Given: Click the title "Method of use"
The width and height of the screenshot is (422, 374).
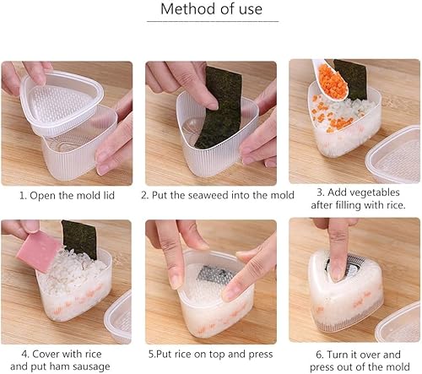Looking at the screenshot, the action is pyautogui.click(x=212, y=8).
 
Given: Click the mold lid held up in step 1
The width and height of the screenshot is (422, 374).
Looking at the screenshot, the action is pyautogui.click(x=62, y=102).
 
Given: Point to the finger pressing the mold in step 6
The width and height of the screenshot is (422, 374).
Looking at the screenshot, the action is pyautogui.click(x=335, y=247).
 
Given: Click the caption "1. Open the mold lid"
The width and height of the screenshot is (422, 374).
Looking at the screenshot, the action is pyautogui.click(x=67, y=195).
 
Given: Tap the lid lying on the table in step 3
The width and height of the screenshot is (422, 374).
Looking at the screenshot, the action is pyautogui.click(x=394, y=154).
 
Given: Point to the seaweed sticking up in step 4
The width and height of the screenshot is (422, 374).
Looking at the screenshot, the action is pyautogui.click(x=80, y=239).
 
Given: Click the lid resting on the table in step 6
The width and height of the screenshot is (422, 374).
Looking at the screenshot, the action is pyautogui.click(x=398, y=323).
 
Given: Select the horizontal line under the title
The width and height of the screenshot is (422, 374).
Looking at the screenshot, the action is pyautogui.click(x=213, y=21).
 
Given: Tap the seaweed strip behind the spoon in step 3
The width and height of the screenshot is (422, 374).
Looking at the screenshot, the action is pyautogui.click(x=352, y=79).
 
